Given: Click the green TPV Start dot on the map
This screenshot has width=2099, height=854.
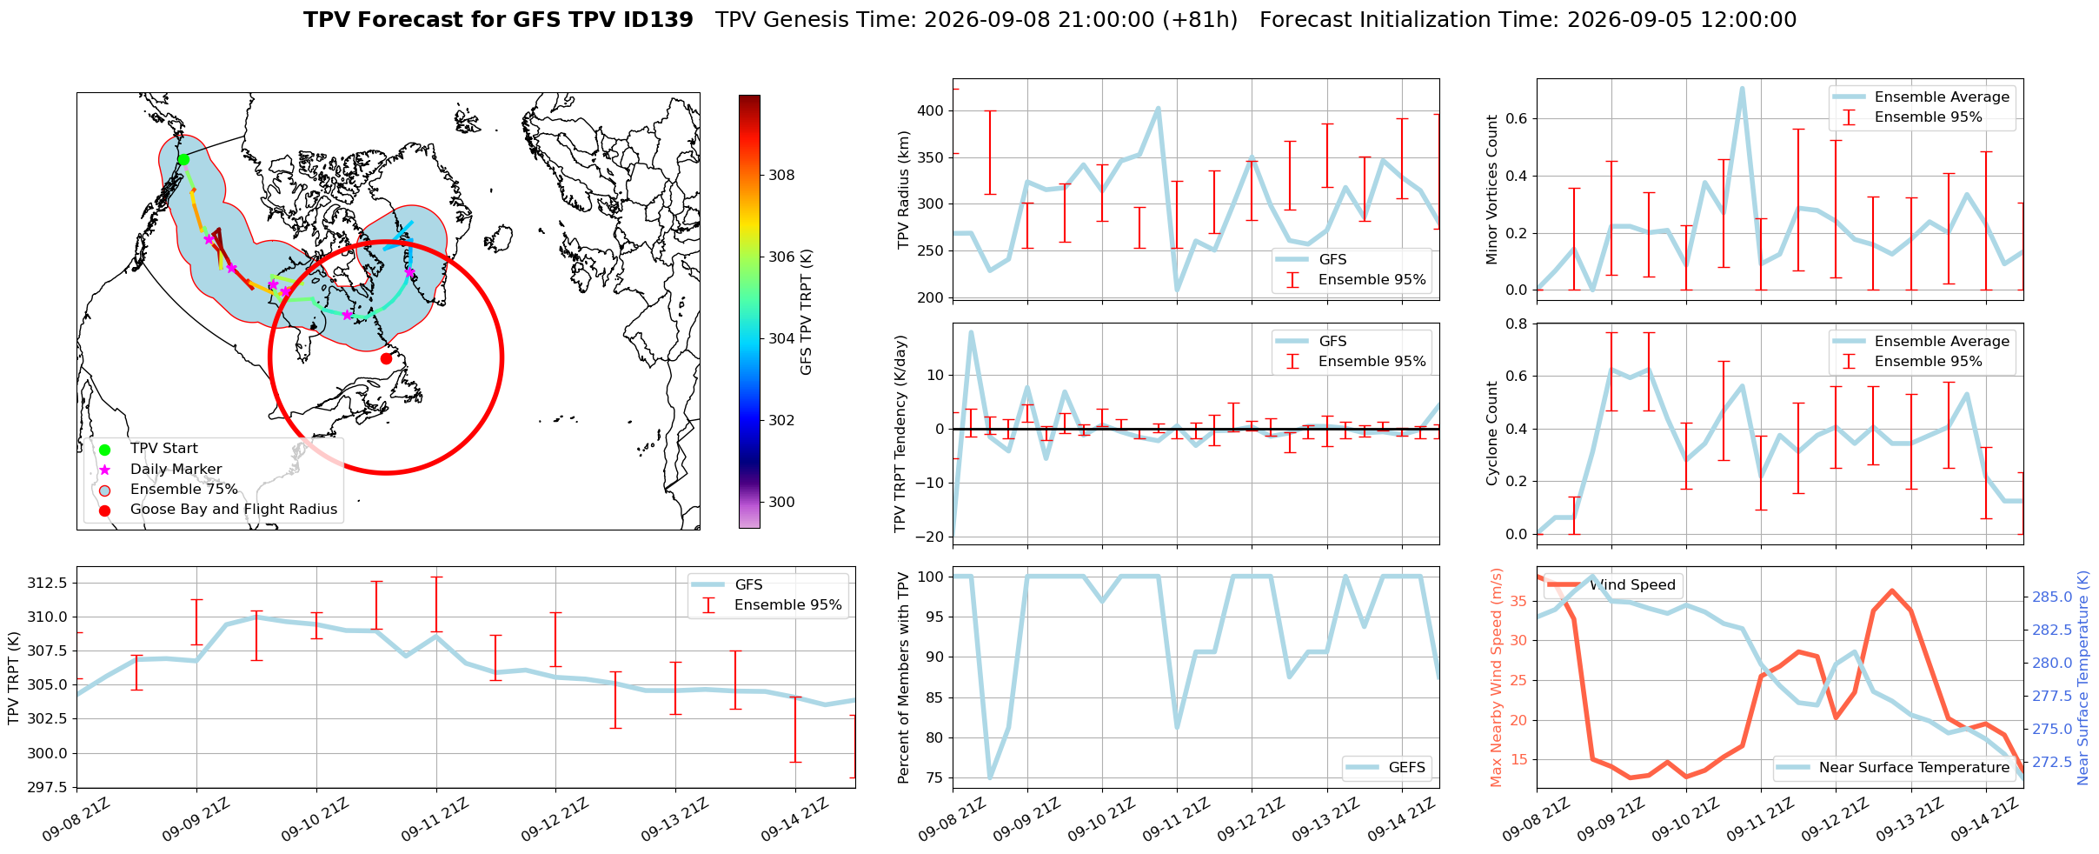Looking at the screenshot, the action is [183, 159].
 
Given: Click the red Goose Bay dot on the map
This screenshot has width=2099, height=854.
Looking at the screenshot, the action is [386, 358].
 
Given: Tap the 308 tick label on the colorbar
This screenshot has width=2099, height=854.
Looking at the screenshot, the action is [781, 175].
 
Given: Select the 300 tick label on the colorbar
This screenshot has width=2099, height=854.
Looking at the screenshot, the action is [781, 502].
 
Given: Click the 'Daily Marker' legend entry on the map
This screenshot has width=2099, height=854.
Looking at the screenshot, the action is [176, 469].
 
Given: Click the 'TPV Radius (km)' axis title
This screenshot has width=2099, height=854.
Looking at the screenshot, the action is [904, 190].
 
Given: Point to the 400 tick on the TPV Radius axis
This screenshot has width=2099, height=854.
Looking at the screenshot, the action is [932, 110].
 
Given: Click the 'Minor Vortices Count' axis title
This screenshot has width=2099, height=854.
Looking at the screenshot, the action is [1492, 190].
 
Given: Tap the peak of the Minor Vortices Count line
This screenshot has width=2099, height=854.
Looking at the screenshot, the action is [1742, 88].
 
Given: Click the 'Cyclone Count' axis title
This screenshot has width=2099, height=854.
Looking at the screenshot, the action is [1492, 433].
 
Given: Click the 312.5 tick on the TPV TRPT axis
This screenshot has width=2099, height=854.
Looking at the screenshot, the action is [50, 583].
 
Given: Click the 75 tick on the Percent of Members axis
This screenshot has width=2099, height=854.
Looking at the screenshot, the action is [937, 777].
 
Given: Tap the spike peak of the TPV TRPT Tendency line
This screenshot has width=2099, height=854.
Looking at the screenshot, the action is [971, 332].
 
